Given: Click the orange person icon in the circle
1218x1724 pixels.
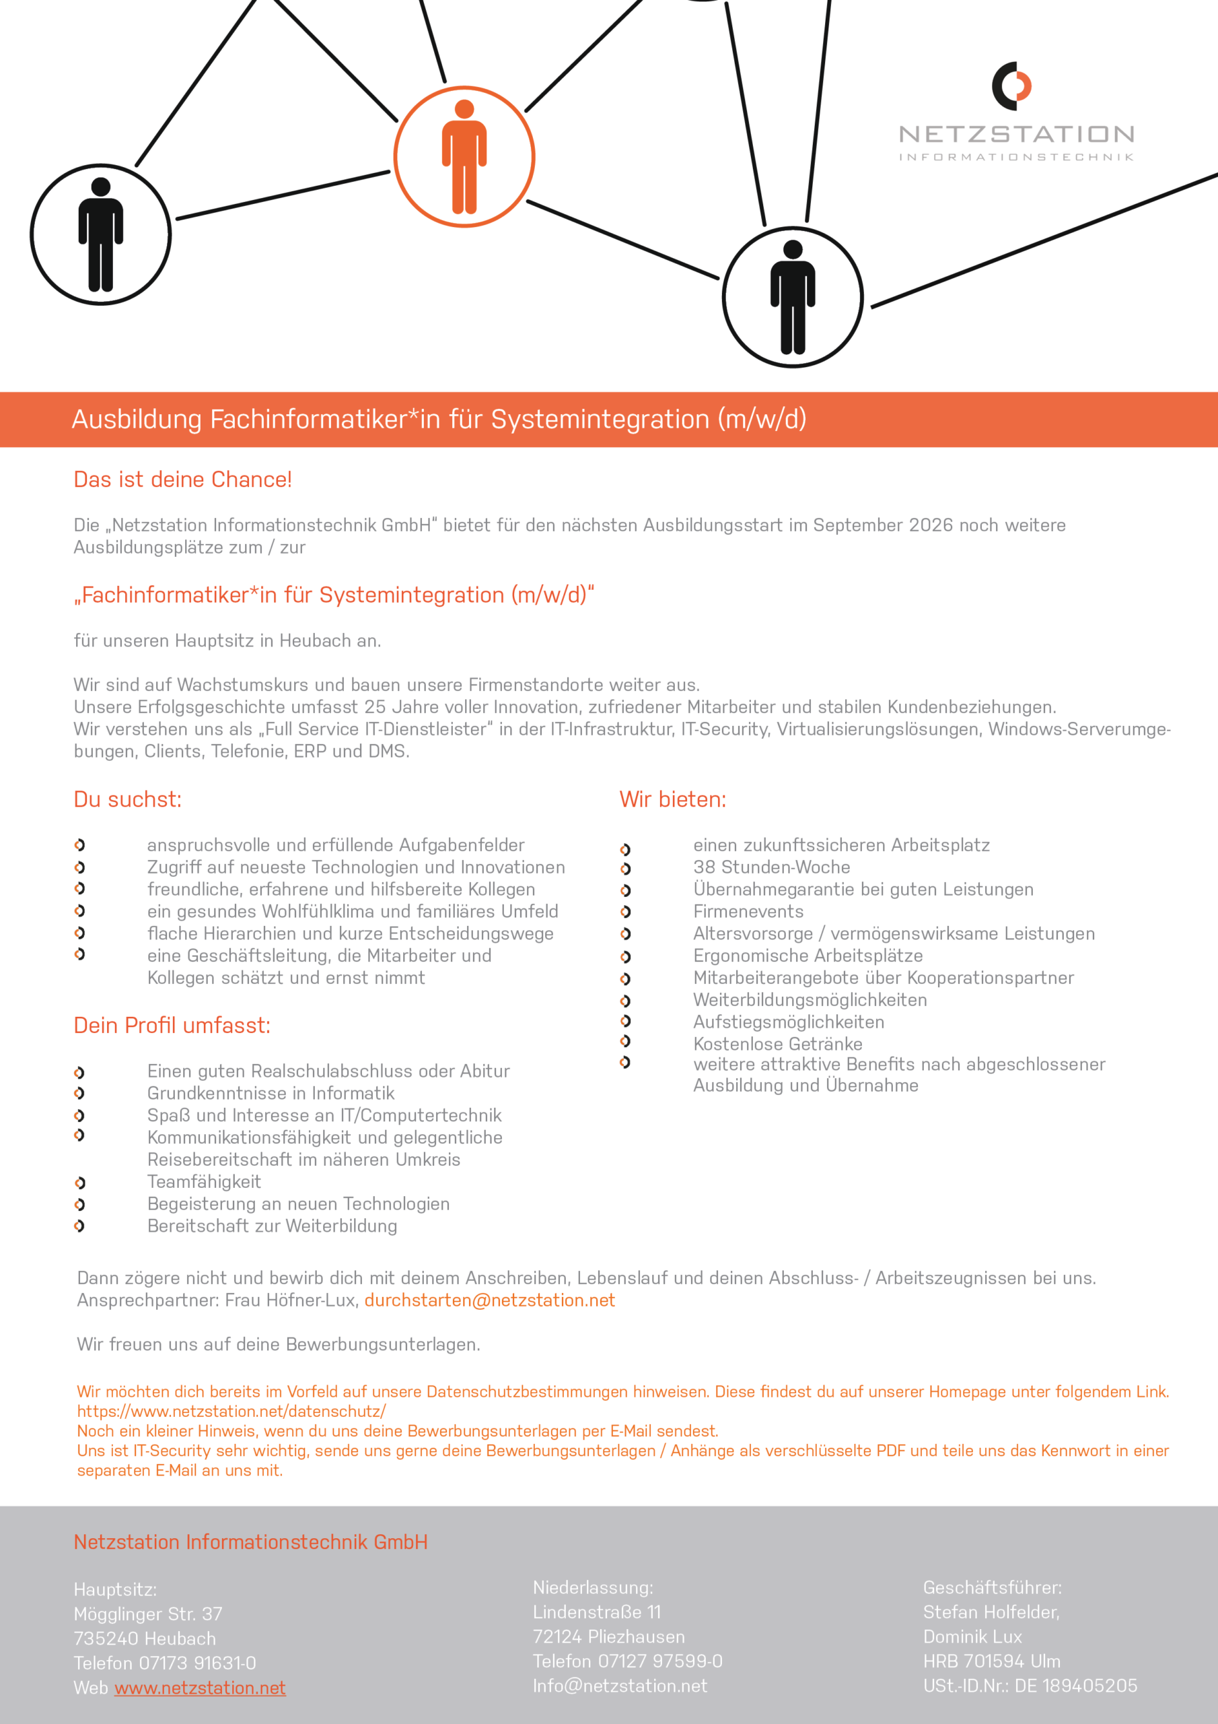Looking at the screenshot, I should point(464,156).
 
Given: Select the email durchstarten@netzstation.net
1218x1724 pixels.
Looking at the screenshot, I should point(489,1300).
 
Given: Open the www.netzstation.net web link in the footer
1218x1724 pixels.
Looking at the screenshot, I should point(200,1687).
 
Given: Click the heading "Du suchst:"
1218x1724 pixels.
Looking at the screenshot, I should point(128,799).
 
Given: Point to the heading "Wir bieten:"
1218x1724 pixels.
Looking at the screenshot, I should point(672,799).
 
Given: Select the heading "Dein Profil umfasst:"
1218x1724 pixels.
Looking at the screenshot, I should point(172,1025).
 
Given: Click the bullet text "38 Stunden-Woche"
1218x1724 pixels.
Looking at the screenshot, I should point(771,867).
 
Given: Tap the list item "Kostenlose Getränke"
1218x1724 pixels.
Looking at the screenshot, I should point(777,1044).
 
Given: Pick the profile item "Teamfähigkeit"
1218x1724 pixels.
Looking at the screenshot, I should point(204,1181).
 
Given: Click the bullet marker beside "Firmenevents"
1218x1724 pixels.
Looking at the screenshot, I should point(625,913).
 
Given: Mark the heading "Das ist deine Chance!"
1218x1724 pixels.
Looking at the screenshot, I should point(182,479).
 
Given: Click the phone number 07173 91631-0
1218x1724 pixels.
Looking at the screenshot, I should point(197,1663).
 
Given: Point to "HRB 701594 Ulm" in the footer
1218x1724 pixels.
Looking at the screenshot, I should point(991,1661).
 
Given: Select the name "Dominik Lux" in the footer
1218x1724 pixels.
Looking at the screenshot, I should point(972,1636).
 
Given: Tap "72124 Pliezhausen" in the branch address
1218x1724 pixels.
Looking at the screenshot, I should point(608,1636).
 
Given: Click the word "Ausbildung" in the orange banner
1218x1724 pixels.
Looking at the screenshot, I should point(137,419).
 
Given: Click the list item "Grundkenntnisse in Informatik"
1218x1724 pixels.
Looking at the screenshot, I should point(271,1093).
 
